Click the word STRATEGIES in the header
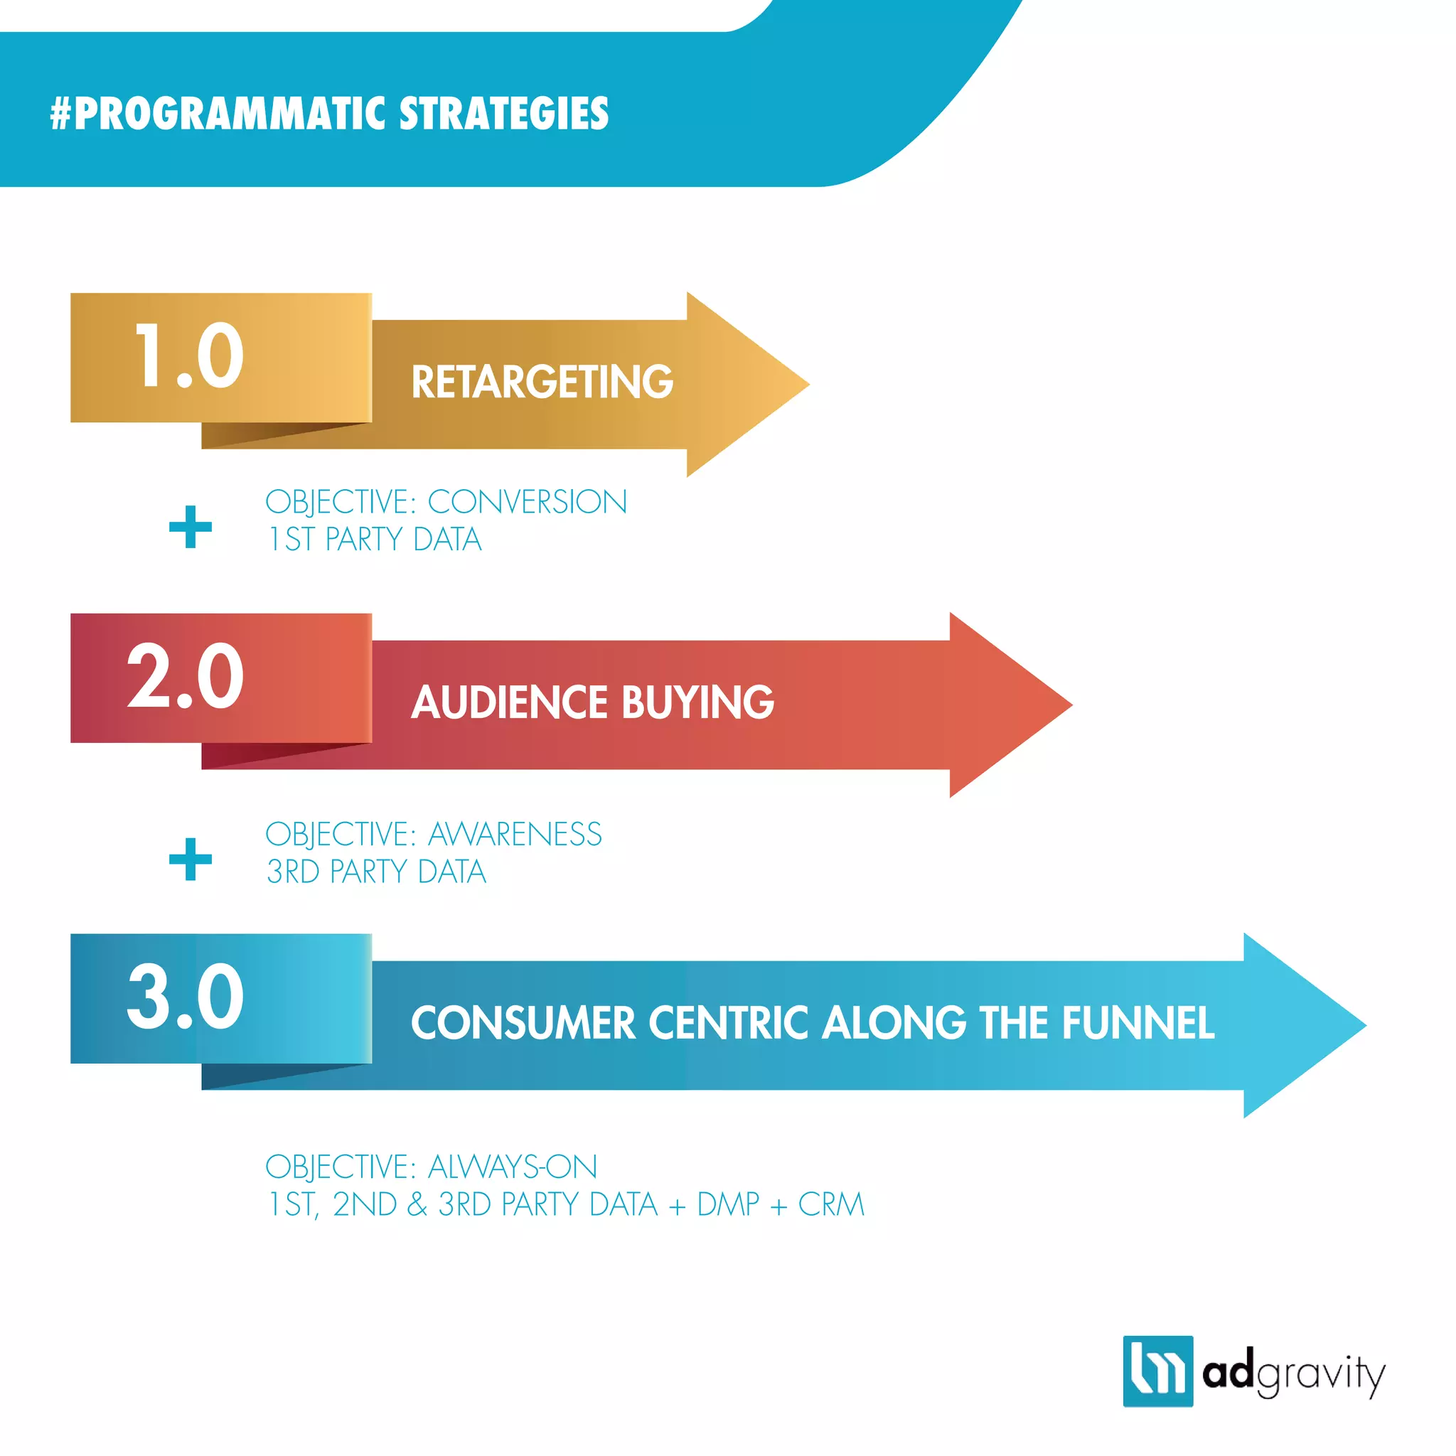coord(503,113)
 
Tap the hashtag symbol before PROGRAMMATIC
coord(60,113)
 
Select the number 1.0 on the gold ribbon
coord(188,355)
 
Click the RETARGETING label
coord(542,381)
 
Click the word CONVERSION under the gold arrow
coord(527,502)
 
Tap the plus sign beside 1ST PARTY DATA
coord(191,527)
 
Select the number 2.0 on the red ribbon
coord(186,676)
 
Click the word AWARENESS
coord(515,834)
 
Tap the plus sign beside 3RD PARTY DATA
coord(191,859)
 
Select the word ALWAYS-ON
coord(513,1167)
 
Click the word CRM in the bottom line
coord(830,1204)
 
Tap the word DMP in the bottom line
coord(728,1204)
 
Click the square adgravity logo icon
coord(1157,1371)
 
